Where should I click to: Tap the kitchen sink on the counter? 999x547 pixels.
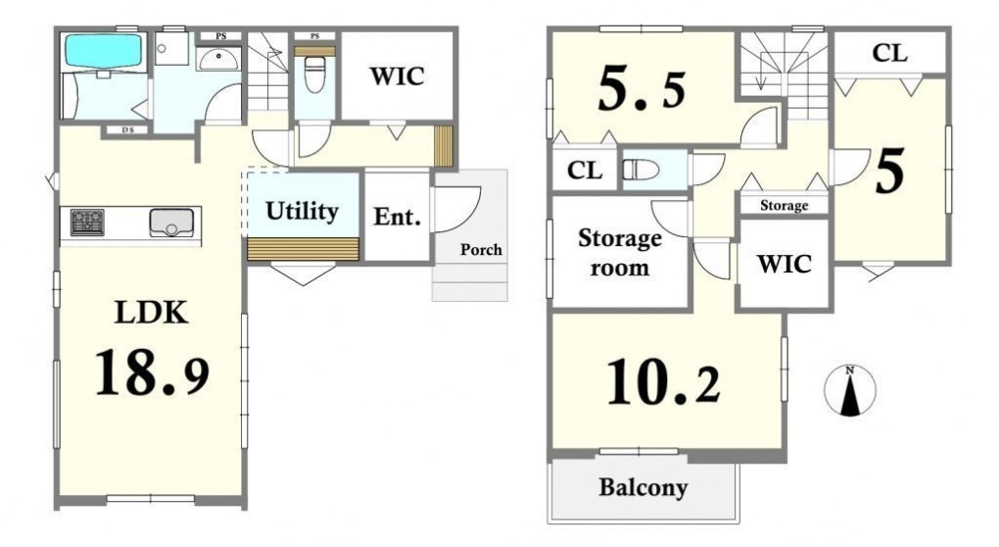pos(170,223)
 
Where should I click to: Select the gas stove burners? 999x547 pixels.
pos(87,223)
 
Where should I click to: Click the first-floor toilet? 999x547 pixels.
pos(314,75)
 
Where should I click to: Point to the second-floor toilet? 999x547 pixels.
pos(641,170)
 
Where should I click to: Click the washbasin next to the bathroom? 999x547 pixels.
pos(218,59)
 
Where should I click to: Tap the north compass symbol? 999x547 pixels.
pos(849,391)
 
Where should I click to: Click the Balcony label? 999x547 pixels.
pos(642,488)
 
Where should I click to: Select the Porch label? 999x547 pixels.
pos(481,250)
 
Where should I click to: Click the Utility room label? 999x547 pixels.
pos(302,211)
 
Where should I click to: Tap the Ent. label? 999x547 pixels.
pos(397,217)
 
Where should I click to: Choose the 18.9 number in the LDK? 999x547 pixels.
pos(152,373)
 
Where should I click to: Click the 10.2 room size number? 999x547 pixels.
pos(663,382)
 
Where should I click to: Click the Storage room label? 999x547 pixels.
pos(619,253)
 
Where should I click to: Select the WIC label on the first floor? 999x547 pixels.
pos(397,76)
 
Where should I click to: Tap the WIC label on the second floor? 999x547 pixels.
pos(785,264)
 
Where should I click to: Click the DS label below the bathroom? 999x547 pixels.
pos(128,130)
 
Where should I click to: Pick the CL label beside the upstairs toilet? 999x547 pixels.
pos(585,171)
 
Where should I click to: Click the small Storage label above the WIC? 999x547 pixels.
pos(784,205)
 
